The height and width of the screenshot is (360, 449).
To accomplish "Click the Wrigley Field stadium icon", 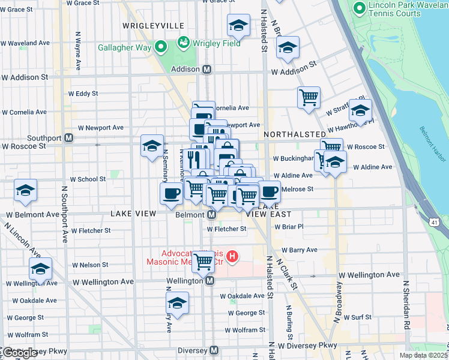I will [x=183, y=43].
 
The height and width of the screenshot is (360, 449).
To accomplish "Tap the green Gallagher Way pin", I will [x=160, y=47].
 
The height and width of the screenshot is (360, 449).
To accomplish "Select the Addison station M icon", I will [x=206, y=69].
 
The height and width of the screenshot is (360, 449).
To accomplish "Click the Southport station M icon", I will [x=68, y=137].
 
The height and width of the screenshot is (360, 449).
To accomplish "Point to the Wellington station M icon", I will [x=209, y=281].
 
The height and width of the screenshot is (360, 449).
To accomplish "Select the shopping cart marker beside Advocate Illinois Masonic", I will [x=204, y=260].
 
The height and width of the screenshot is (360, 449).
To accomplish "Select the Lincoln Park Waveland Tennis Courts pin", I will [x=360, y=8].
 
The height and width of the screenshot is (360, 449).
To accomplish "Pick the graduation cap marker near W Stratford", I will [x=360, y=110].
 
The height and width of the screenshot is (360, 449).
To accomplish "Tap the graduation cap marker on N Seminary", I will [x=152, y=145].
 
